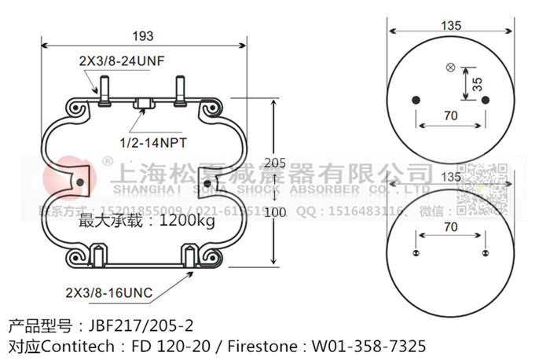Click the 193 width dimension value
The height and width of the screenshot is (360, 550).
(142, 36)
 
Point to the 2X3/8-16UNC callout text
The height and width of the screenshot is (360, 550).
(109, 293)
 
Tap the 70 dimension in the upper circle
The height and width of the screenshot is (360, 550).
(450, 116)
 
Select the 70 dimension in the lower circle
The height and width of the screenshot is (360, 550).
(450, 227)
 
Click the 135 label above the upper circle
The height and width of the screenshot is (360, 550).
(450, 26)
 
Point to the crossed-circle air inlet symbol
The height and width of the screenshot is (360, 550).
(450, 68)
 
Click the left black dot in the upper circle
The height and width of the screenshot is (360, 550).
(416, 99)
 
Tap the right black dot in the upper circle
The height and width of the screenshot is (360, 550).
(485, 99)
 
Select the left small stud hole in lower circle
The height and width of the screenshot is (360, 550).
(416, 252)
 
